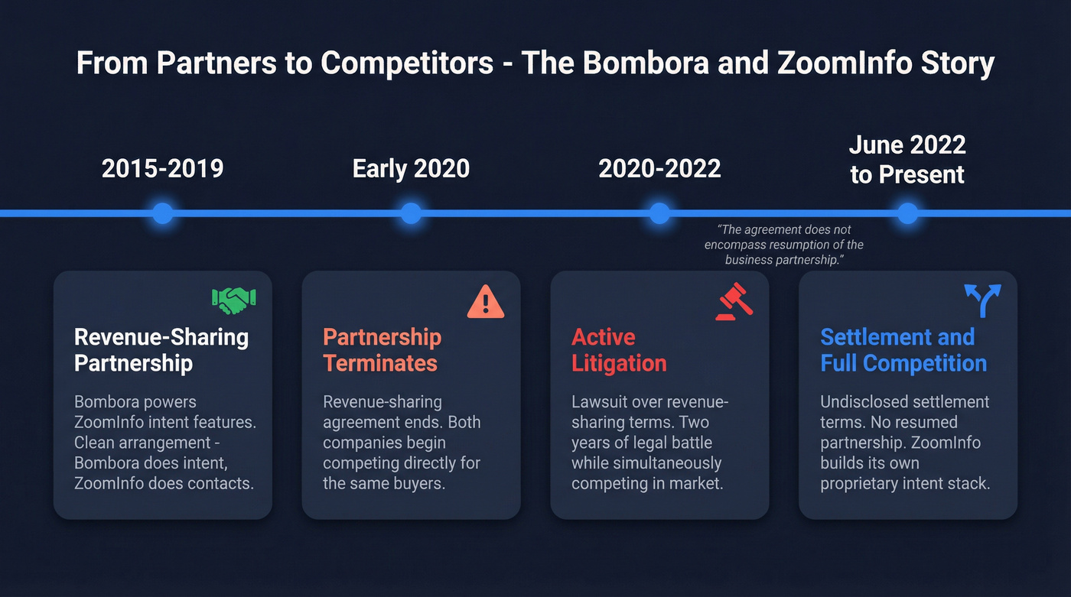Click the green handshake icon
[234, 300]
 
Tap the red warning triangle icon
[486, 301]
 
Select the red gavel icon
[734, 301]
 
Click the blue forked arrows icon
[982, 301]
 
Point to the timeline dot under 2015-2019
[162, 213]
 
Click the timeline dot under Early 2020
[411, 213]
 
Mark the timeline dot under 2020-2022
[659, 213]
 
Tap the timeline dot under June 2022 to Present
[907, 213]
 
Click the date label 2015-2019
[162, 168]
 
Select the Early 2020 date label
[411, 168]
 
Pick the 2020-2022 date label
[659, 168]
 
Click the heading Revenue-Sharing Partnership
[161, 349]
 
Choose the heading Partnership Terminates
[382, 349]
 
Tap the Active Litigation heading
[619, 349]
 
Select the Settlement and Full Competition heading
[903, 349]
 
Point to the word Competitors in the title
[406, 63]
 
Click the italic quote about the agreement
[783, 245]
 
